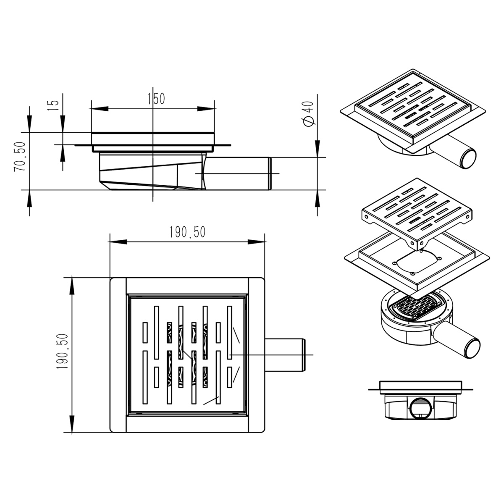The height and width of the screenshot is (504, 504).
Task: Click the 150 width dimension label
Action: tap(156, 99)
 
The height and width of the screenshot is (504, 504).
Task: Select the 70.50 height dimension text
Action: tap(20, 156)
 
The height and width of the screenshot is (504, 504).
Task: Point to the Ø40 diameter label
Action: tap(308, 114)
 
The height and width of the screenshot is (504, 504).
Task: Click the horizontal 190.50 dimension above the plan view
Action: tap(187, 232)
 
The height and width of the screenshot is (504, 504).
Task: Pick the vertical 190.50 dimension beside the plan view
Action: tap(62, 351)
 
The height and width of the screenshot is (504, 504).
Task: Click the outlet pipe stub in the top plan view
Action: tap(285, 355)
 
